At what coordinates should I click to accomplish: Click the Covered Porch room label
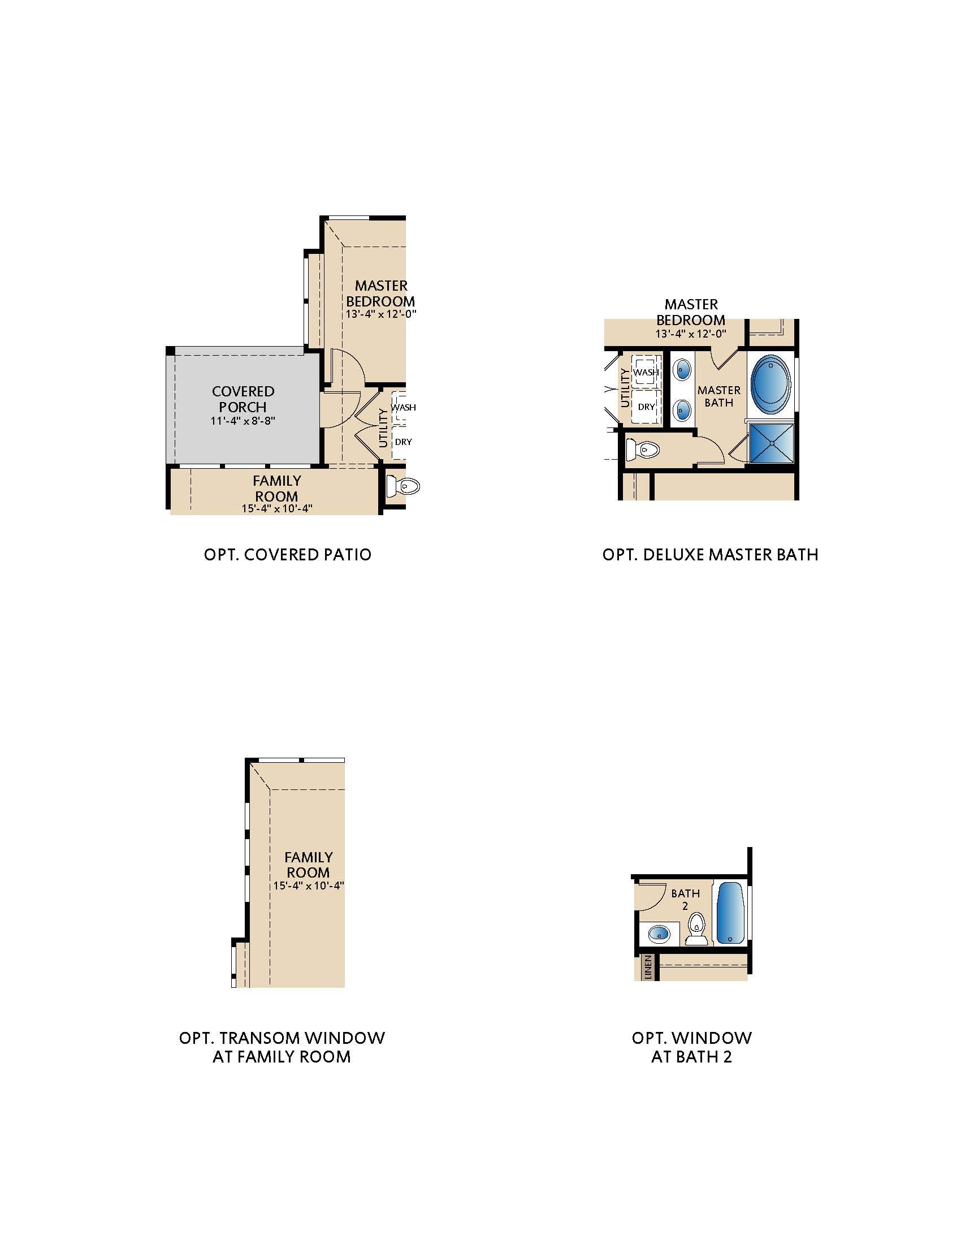[x=243, y=399]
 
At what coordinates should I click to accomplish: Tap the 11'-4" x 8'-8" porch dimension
[x=243, y=421]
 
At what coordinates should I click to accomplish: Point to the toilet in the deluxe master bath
[x=642, y=450]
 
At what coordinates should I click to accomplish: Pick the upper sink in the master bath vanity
[x=682, y=370]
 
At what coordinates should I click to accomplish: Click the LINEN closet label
[x=647, y=966]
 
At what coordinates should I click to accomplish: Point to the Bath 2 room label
[x=685, y=900]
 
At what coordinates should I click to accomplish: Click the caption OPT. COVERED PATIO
[x=288, y=555]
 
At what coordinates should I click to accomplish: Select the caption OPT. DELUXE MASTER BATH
[x=711, y=555]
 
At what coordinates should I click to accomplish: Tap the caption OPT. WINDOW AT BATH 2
[x=692, y=1047]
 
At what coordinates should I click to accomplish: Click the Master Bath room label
[x=719, y=396]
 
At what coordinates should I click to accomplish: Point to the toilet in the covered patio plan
[x=403, y=486]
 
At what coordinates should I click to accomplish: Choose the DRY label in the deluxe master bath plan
[x=646, y=407]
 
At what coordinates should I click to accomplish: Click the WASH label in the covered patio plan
[x=403, y=407]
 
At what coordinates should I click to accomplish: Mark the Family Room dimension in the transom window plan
[x=309, y=886]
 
